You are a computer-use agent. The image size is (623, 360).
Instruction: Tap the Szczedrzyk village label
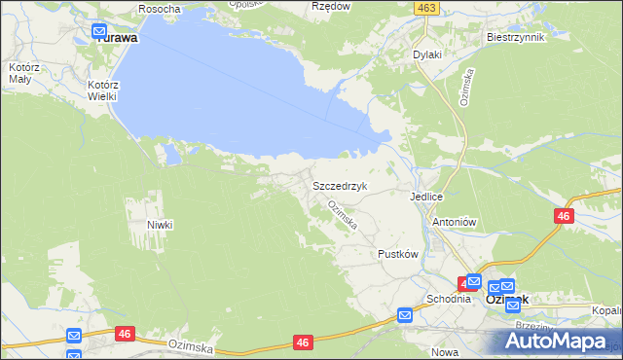click(x=339, y=184)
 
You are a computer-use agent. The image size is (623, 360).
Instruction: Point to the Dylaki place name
click(x=427, y=55)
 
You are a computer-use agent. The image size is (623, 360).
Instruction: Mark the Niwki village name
click(x=160, y=225)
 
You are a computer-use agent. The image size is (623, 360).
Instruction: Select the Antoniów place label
click(x=453, y=222)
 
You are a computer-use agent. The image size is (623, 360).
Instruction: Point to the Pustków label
click(x=397, y=254)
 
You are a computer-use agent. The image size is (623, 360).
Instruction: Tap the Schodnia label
click(x=448, y=299)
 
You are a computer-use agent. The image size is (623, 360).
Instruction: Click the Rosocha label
click(x=159, y=9)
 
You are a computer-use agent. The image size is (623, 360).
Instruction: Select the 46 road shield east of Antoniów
click(x=564, y=216)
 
